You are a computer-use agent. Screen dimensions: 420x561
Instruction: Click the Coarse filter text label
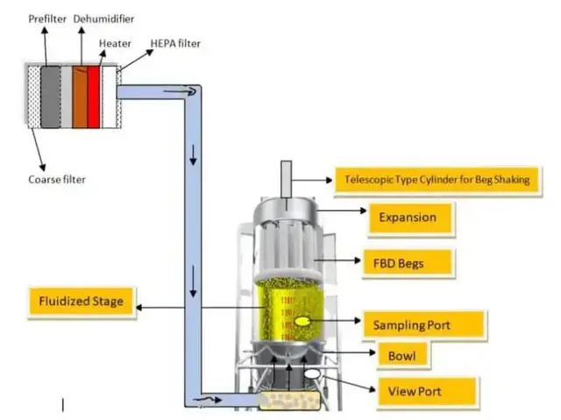pyautogui.click(x=57, y=180)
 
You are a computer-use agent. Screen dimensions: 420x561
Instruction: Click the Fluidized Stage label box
pyautogui.click(x=82, y=303)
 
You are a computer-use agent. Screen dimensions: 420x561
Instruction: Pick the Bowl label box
pyautogui.click(x=408, y=356)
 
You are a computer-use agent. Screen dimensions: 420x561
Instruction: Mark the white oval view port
pyautogui.click(x=312, y=375)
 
